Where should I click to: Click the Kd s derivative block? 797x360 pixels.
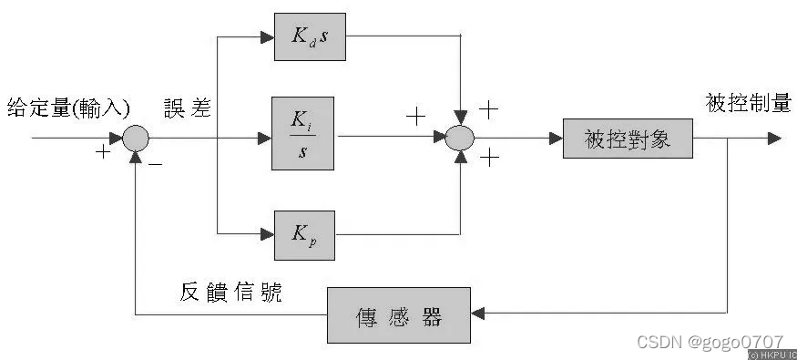click(x=311, y=37)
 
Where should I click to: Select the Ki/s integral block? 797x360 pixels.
click(x=302, y=133)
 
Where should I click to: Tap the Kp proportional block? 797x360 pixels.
click(x=304, y=233)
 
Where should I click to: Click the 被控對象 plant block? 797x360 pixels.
click(x=628, y=139)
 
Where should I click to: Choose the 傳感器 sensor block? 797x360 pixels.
click(x=398, y=315)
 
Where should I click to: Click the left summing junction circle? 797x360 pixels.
click(x=135, y=139)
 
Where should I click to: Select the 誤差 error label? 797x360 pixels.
click(x=188, y=108)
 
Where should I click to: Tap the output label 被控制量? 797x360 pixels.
click(x=748, y=104)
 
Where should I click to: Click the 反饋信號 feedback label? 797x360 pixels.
click(x=231, y=292)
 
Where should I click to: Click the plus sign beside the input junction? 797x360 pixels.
click(x=103, y=152)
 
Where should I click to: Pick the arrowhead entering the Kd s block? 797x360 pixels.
click(x=267, y=37)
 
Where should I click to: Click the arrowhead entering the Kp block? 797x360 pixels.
click(x=267, y=233)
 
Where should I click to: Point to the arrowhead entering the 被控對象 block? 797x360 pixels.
click(x=555, y=139)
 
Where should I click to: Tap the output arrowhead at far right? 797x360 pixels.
click(x=774, y=139)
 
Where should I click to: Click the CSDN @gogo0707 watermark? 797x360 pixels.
click(x=710, y=342)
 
